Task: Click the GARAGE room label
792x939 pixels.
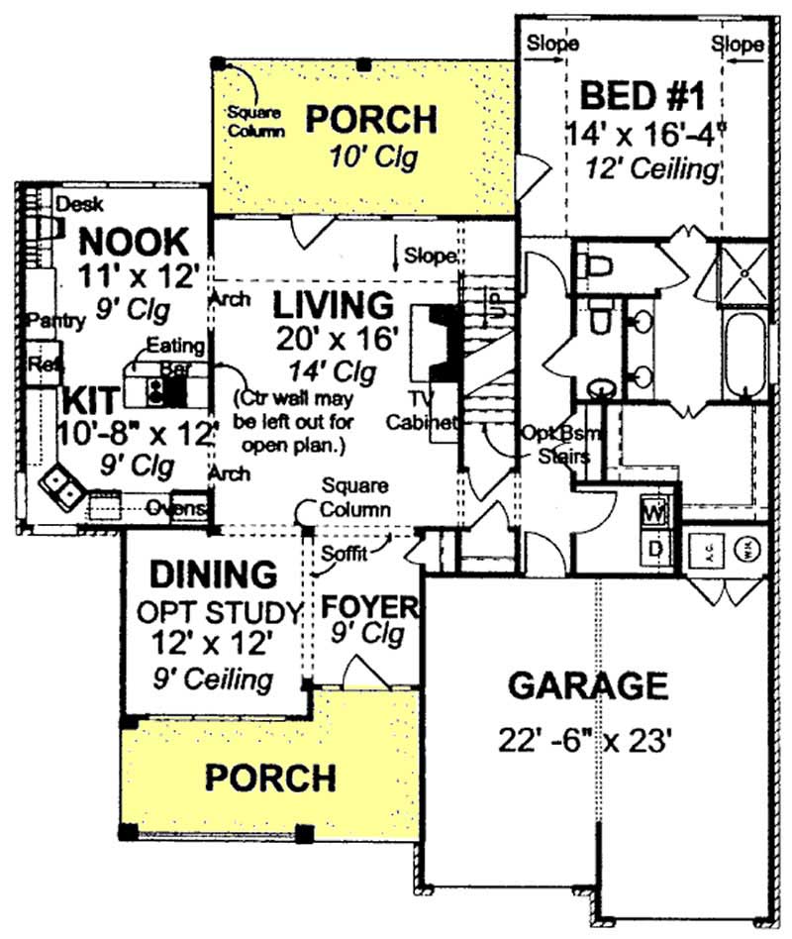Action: pos(587,685)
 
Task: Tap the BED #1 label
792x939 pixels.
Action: pos(642,97)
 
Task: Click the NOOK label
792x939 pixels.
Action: pos(133,240)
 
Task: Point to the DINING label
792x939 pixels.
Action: pos(212,574)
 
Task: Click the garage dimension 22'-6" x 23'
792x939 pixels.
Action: pos(587,740)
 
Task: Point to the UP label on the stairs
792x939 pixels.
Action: pos(495,304)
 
